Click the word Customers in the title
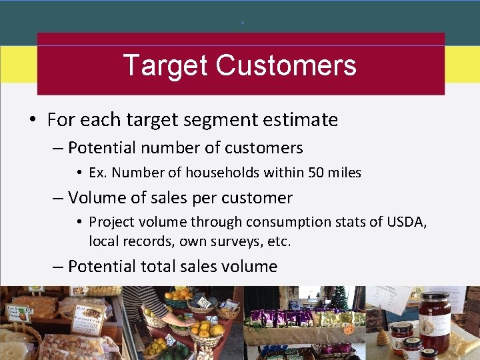tap(286, 66)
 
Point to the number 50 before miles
tap(317, 173)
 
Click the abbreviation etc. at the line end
tap(278, 241)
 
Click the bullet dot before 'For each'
tap(32, 121)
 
